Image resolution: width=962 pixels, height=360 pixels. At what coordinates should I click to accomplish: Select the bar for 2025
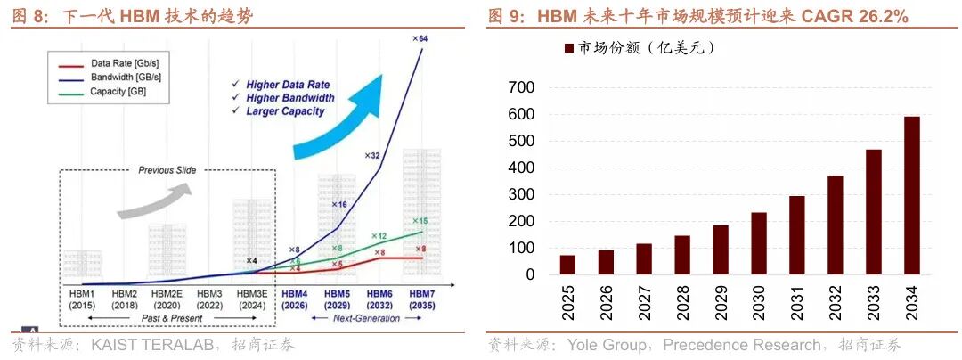coord(567,265)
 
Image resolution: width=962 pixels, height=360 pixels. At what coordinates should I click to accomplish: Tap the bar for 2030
coord(758,243)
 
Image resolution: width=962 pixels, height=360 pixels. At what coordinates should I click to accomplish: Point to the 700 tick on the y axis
coord(521,87)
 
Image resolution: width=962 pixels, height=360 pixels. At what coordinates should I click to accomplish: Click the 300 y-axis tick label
coord(521,194)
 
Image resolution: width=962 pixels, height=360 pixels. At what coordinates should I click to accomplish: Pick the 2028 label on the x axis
coord(682,299)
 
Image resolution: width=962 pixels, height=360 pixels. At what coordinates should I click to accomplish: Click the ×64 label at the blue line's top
coord(420,38)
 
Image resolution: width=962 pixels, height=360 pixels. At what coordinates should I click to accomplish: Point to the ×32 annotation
coord(372,155)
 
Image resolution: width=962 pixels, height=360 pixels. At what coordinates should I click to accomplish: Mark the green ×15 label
coord(420,221)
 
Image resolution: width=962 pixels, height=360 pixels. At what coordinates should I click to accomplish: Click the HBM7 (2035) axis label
coord(422,299)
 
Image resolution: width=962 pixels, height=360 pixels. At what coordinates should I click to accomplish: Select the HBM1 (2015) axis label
coord(83,299)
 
